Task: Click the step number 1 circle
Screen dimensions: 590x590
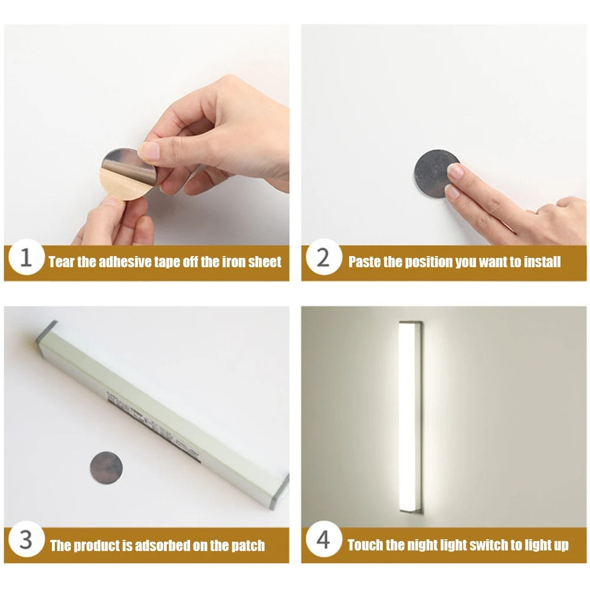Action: coord(26,260)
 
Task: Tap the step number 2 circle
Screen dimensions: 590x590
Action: coord(323,260)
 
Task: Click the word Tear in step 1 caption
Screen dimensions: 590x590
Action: coord(61,262)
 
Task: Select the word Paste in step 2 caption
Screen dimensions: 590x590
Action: coord(365,262)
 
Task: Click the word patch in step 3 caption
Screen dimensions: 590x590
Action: coord(248,545)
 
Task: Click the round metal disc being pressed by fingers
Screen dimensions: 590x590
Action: coord(435,173)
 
